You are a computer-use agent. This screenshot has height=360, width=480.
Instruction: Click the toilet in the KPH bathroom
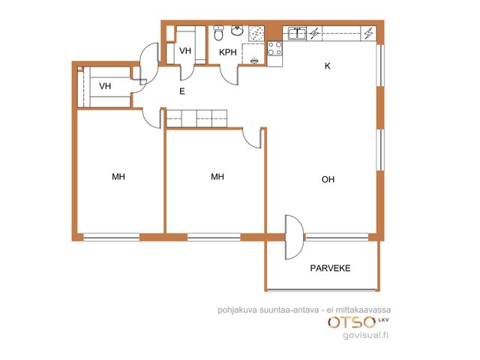pyautogui.click(x=218, y=33)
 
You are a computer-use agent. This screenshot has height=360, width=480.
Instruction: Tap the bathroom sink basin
pyautogui.click(x=237, y=31)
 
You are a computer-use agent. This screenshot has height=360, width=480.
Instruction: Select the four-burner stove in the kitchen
pyautogui.click(x=274, y=49)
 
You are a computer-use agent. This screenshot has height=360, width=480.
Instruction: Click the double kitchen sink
pyautogui.click(x=297, y=33)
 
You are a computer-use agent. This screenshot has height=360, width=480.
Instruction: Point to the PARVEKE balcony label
pyautogui.click(x=330, y=268)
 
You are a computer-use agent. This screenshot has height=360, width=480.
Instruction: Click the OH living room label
pyautogui.click(x=328, y=179)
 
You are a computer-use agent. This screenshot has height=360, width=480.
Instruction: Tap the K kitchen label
pyautogui.click(x=328, y=66)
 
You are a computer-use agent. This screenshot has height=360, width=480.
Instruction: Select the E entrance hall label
pyautogui.click(x=182, y=91)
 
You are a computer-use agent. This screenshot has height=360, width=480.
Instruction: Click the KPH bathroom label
pyautogui.click(x=228, y=52)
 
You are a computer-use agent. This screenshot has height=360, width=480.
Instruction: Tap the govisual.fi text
pyautogui.click(x=365, y=335)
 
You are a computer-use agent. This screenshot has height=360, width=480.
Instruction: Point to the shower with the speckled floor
pyautogui.click(x=256, y=33)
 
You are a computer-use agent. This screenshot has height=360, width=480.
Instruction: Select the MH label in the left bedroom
pyautogui.click(x=118, y=177)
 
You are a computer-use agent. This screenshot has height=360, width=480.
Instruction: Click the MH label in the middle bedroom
pyautogui.click(x=217, y=177)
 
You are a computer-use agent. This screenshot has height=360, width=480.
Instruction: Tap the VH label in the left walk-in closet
pyautogui.click(x=105, y=86)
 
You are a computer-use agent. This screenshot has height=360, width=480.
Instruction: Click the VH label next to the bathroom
pyautogui.click(x=185, y=50)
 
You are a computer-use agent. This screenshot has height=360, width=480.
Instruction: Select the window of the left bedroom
pyautogui.click(x=112, y=237)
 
